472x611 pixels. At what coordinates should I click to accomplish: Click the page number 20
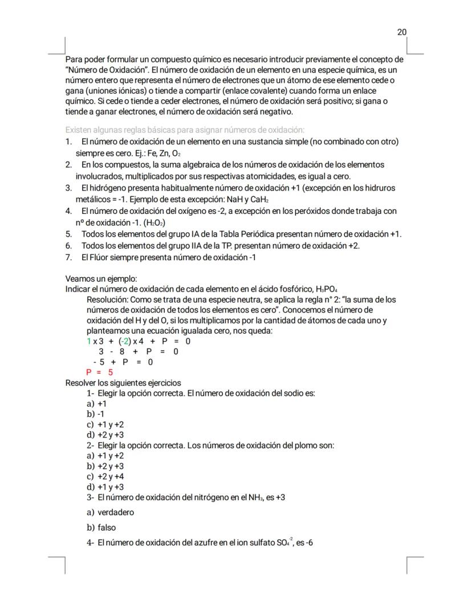coord(401,32)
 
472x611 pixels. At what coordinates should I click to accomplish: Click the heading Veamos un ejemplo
coord(101,279)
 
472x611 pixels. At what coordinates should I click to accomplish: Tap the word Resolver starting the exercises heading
coord(81,383)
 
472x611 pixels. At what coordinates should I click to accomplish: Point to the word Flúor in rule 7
coord(103,257)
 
